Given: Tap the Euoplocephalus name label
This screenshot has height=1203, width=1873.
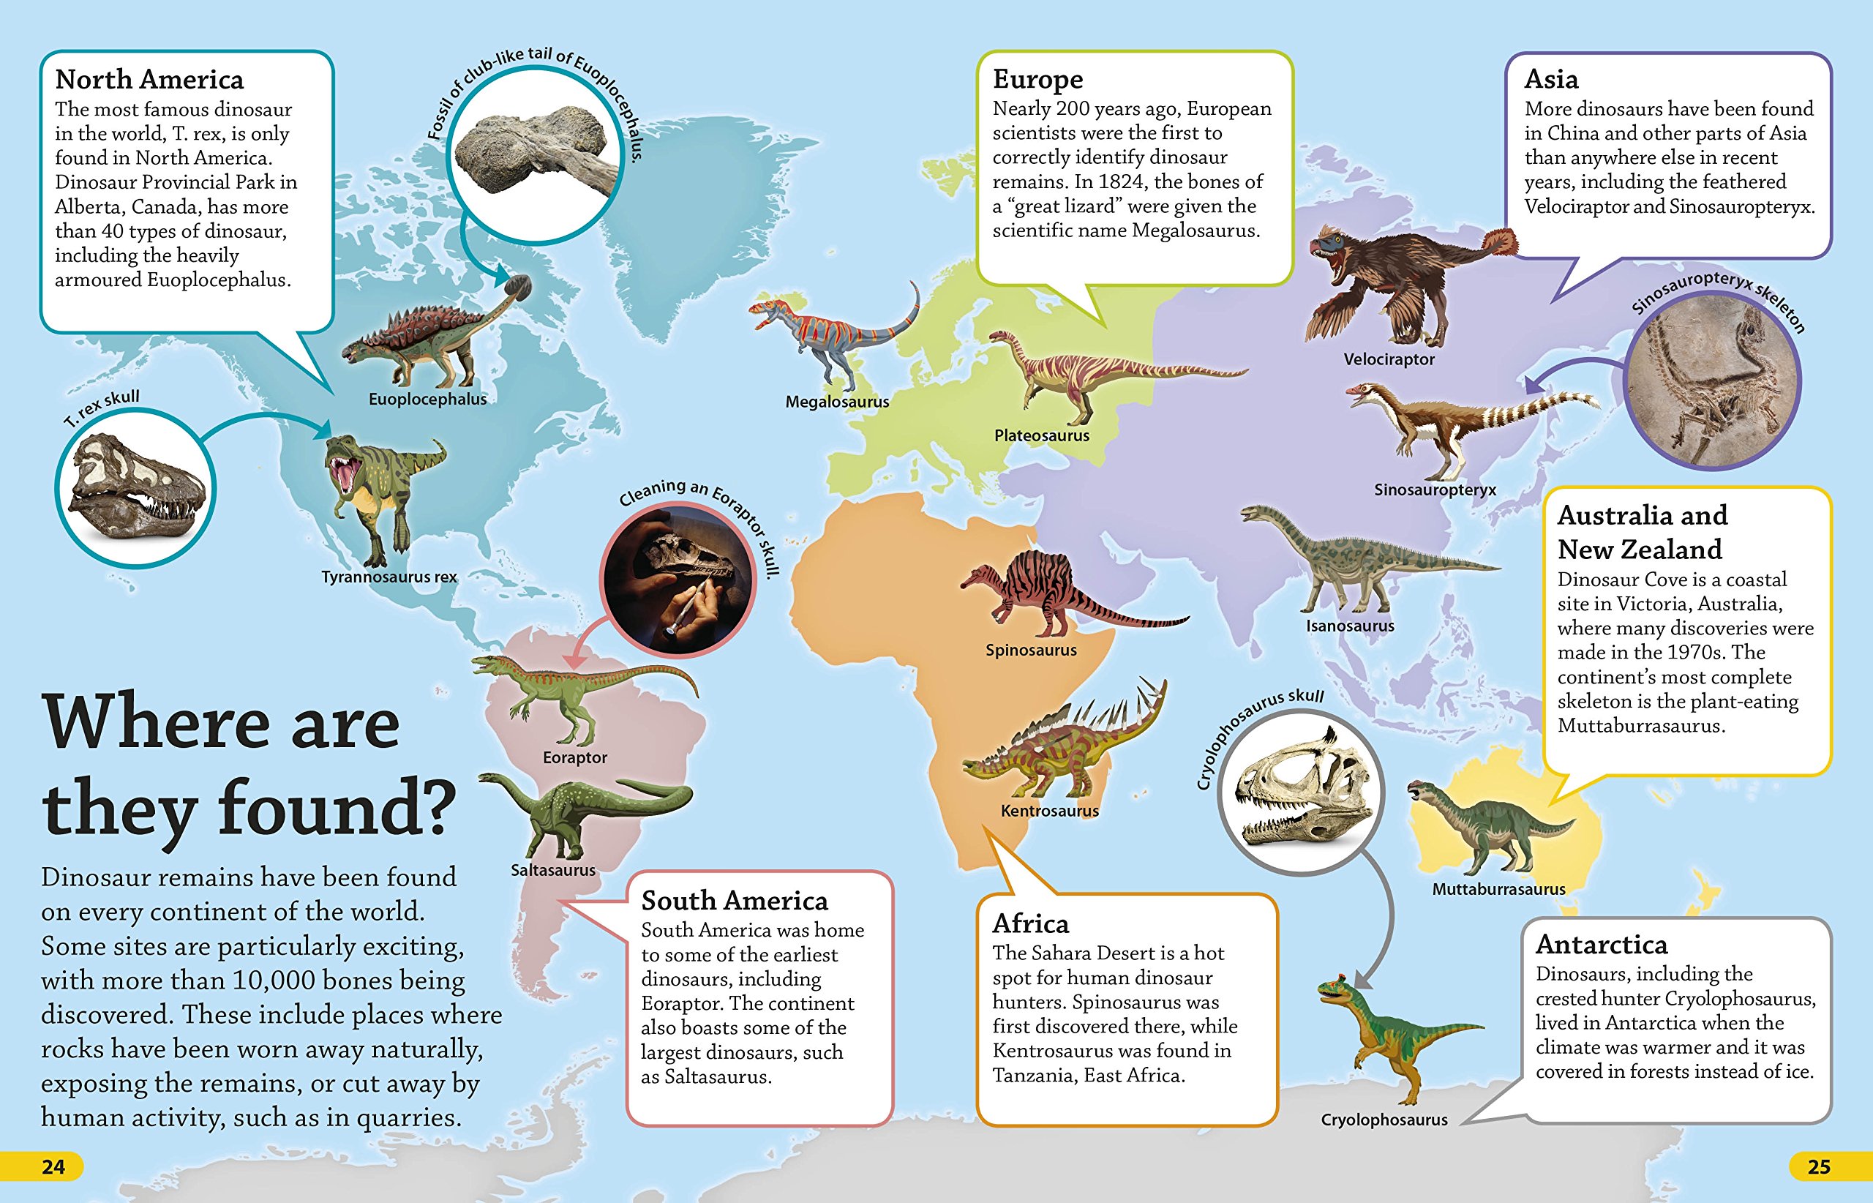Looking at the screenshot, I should point(427,400).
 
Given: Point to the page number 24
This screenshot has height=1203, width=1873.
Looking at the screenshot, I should point(53,1167).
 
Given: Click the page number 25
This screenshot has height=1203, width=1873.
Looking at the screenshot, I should point(1818,1167).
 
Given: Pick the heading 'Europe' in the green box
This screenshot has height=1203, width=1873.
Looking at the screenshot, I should point(1037,80).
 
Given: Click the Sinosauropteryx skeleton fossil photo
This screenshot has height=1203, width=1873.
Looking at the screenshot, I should point(1712,381).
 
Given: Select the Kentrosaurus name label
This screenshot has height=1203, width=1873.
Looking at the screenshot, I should point(1049,811).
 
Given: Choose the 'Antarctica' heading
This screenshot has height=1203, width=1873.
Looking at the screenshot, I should point(1601,945).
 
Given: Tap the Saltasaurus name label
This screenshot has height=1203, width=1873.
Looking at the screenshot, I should point(553,870).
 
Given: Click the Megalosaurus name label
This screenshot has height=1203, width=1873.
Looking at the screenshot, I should point(836,402).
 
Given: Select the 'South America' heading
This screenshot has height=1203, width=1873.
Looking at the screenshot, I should point(735,901).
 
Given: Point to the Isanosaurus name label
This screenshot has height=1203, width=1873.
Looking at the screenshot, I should point(1350,626).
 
